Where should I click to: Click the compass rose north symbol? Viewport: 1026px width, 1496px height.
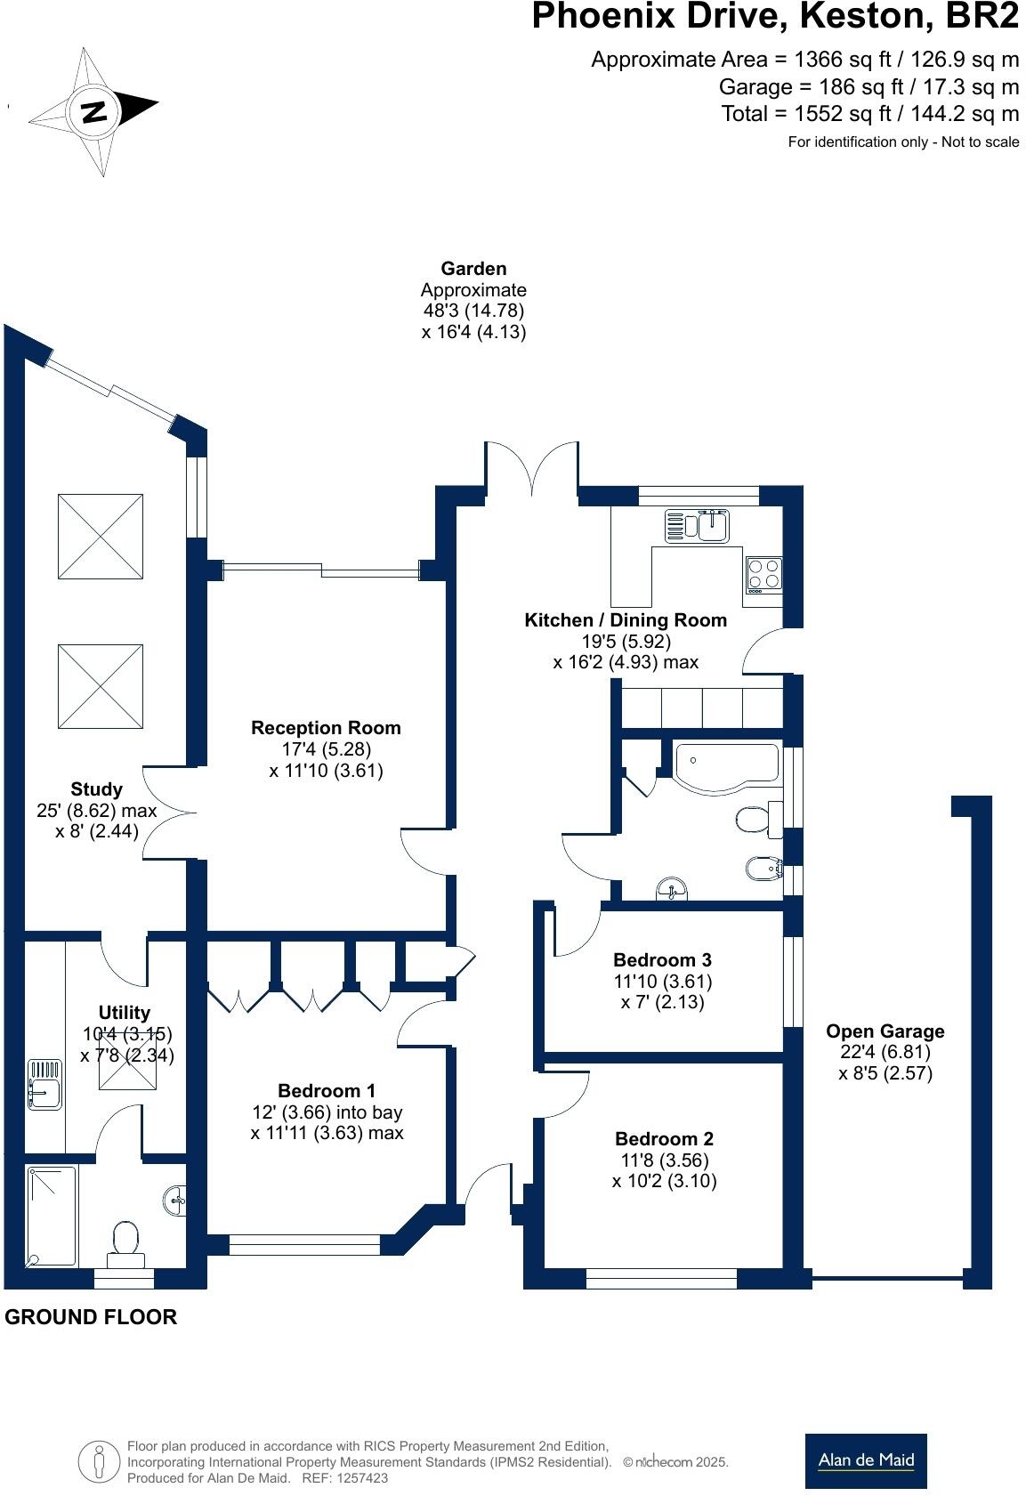(93, 111)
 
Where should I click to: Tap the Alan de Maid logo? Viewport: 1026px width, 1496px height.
(865, 1460)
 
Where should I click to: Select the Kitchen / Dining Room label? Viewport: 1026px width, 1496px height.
(625, 620)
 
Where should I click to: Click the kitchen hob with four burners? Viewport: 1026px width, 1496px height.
(763, 574)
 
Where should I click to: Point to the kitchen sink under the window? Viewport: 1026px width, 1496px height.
(698, 526)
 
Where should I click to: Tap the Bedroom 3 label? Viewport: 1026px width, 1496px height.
(662, 959)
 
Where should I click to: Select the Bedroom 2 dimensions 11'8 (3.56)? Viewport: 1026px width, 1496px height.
(664, 1160)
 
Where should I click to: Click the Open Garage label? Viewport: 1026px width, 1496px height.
(885, 1031)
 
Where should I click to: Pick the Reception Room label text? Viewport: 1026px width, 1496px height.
(326, 727)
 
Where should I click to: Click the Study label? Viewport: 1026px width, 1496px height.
(96, 788)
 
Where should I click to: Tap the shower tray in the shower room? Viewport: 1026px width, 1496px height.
(52, 1217)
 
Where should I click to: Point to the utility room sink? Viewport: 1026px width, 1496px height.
(44, 1084)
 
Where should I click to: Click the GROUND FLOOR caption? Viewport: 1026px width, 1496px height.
(91, 1317)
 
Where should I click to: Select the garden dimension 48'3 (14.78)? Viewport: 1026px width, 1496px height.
(473, 311)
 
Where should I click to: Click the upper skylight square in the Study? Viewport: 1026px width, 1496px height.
(101, 537)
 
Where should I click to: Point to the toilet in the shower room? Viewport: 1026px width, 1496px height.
(125, 1241)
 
